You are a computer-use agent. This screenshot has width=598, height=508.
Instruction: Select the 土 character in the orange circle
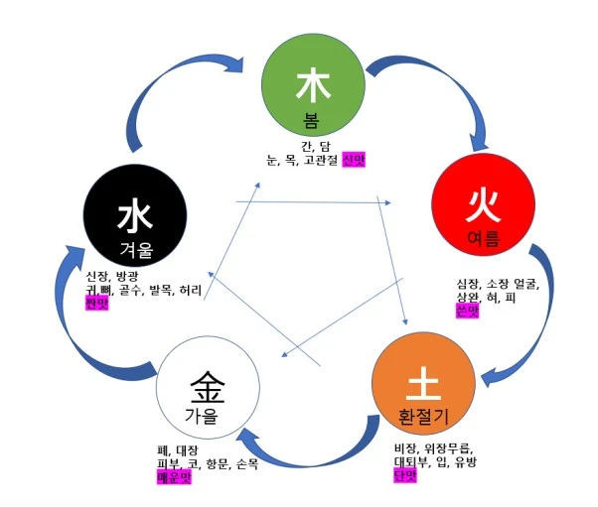[x=422, y=381]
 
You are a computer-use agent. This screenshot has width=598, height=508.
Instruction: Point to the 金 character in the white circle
[x=208, y=382]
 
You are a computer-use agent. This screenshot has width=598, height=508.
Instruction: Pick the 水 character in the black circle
[x=134, y=214]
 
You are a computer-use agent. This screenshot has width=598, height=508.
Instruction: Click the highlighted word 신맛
[x=354, y=160]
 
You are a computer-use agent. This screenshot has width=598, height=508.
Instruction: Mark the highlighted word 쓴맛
[x=467, y=310]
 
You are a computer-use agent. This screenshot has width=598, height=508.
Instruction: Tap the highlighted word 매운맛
[x=174, y=477]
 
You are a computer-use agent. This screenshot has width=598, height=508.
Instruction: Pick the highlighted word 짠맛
[x=97, y=302]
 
